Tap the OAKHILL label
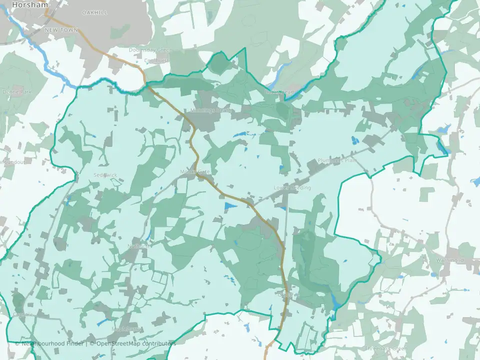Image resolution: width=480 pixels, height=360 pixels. click(94, 12)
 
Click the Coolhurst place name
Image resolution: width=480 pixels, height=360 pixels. click(156, 61)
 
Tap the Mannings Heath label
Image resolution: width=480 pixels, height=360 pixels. click(209, 110)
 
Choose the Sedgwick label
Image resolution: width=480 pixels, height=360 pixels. click(104, 175)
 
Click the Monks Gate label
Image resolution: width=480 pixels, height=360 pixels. click(196, 172)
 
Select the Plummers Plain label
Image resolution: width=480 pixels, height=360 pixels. click(337, 160)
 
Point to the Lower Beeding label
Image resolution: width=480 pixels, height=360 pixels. click(292, 188)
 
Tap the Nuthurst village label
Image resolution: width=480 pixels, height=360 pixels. click(138, 246)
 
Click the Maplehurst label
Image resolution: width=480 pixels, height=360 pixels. click(126, 329)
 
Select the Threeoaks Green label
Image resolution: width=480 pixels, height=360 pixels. click(385, 348)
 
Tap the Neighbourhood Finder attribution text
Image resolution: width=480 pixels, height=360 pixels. click(50, 343)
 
